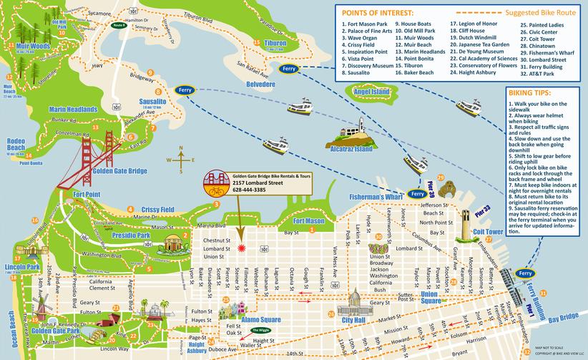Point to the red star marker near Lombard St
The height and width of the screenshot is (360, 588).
241,248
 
